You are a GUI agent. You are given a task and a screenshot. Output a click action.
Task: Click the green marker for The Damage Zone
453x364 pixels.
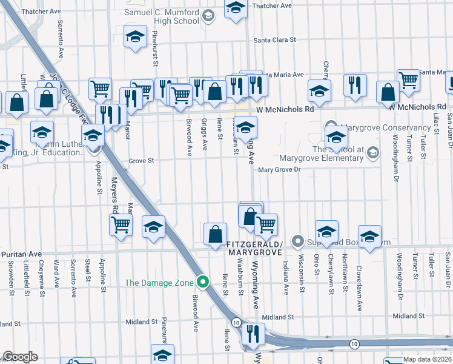point(203,282)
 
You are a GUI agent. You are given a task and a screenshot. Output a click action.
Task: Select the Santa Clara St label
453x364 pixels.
point(274,40)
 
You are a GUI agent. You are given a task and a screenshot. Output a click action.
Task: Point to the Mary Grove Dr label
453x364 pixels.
point(279,170)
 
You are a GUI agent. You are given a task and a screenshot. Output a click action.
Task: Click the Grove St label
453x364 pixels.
point(142,161)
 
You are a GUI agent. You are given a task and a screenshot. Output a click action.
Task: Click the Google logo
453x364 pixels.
point(20,357)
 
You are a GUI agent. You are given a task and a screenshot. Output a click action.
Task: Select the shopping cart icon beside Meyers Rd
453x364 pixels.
point(121,224)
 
